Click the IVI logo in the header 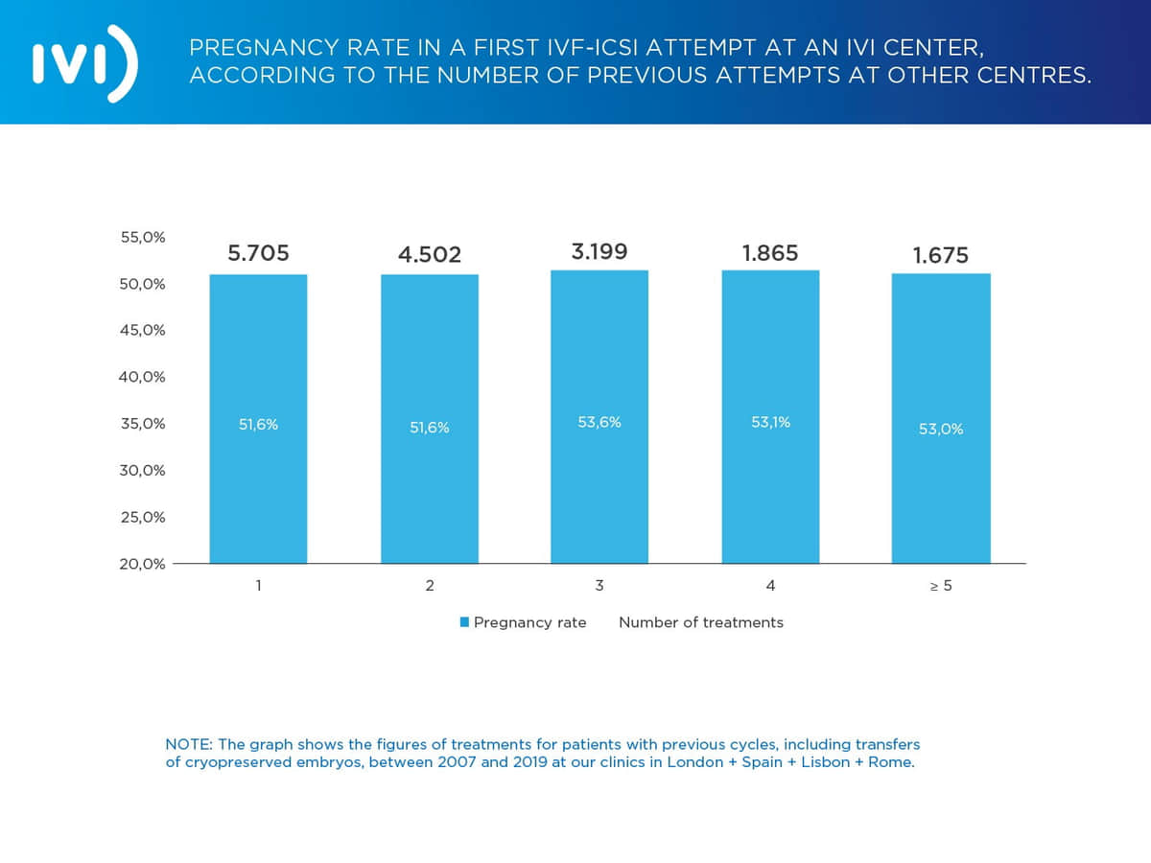pyautogui.click(x=84, y=62)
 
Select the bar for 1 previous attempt pyautogui.click(x=258, y=419)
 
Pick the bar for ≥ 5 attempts pyautogui.click(x=941, y=419)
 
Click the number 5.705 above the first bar pyautogui.click(x=258, y=254)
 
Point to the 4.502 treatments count pyautogui.click(x=430, y=255)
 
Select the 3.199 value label pyautogui.click(x=599, y=252)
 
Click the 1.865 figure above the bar pyautogui.click(x=770, y=253)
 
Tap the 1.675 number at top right pyautogui.click(x=941, y=255)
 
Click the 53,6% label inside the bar pyautogui.click(x=599, y=422)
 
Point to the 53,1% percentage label pyautogui.click(x=770, y=422)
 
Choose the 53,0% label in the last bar pyautogui.click(x=941, y=429)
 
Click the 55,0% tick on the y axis pyautogui.click(x=142, y=237)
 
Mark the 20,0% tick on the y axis pyautogui.click(x=142, y=564)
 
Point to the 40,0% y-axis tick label pyautogui.click(x=142, y=377)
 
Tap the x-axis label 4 pyautogui.click(x=770, y=586)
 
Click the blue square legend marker pyautogui.click(x=464, y=622)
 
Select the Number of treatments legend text pyautogui.click(x=700, y=622)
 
